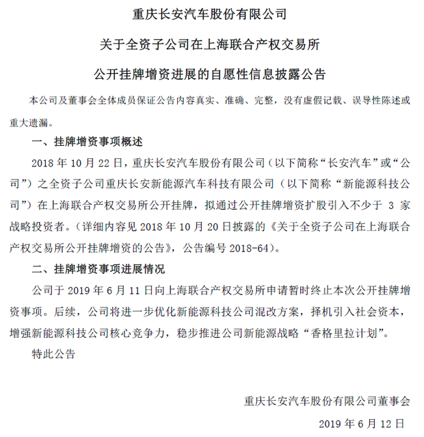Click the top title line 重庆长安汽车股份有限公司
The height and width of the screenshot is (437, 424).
coord(211,13)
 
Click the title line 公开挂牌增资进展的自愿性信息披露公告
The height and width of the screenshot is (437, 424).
coord(211,72)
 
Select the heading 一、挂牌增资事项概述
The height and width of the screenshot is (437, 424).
coord(87,142)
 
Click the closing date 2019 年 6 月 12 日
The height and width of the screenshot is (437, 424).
coord(362,423)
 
